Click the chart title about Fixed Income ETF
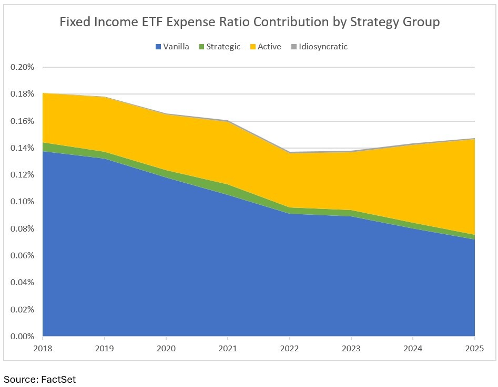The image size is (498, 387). coord(249,23)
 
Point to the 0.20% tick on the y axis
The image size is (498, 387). coord(22,67)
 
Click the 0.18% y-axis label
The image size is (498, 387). coord(22,94)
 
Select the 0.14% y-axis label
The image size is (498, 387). coord(22,148)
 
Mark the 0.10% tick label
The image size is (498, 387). coord(22,202)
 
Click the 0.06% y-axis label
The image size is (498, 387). coord(22,256)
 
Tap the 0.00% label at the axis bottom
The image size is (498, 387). coord(22,336)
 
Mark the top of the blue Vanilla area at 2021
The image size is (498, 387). coord(228,195)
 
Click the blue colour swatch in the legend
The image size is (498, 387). coord(158,47)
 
